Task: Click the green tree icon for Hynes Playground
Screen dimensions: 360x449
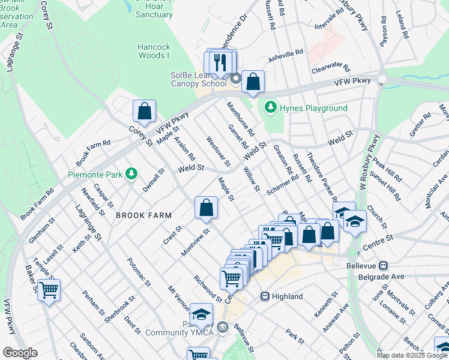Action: tap(271, 108)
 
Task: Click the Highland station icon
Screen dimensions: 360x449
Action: tap(265, 296)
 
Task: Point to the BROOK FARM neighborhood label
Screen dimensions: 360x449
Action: tap(144, 215)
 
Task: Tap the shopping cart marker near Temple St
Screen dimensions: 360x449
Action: tap(49, 290)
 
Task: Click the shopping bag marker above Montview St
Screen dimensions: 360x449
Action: tap(206, 208)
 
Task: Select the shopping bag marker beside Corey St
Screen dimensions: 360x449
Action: tap(144, 110)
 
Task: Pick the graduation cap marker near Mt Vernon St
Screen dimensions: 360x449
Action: tap(200, 314)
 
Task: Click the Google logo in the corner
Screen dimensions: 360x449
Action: tap(20, 353)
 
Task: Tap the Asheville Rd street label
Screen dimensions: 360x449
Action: tap(286, 54)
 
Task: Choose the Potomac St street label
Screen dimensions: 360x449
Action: tap(138, 271)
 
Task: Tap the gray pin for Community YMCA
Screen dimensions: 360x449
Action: tap(223, 327)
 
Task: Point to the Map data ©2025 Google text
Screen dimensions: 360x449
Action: tap(411, 355)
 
